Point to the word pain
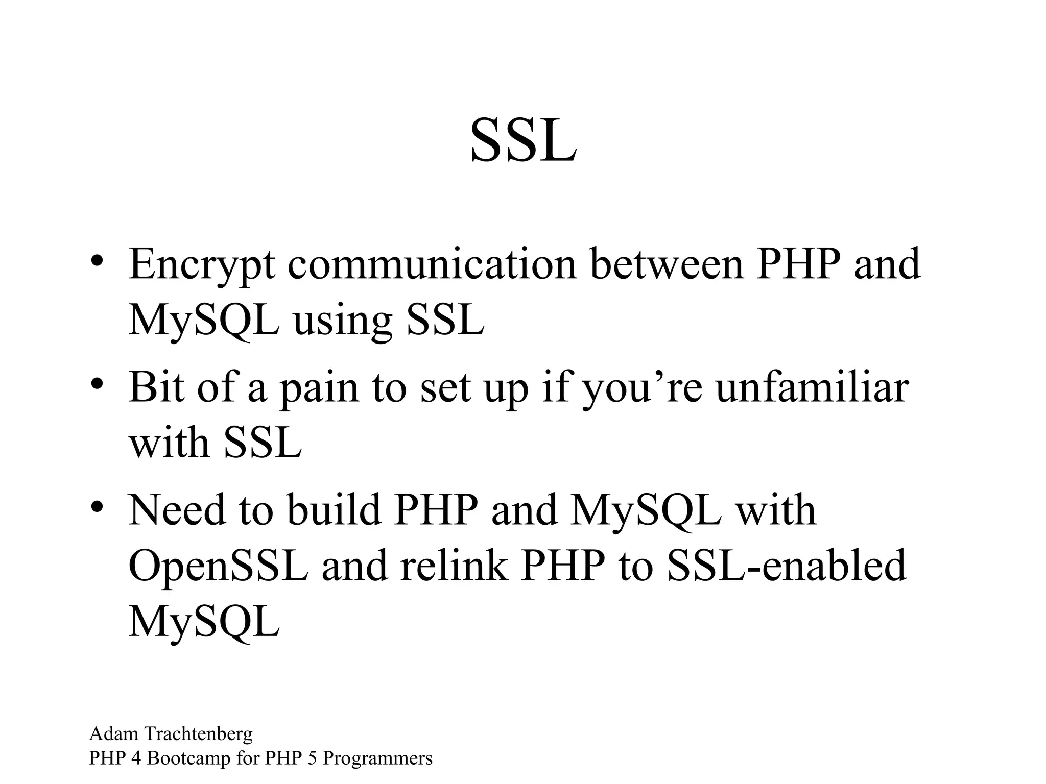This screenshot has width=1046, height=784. pos(319,388)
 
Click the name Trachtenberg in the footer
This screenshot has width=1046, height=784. pos(199,734)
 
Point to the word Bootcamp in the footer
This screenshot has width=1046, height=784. pos(188,758)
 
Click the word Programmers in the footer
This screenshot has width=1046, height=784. pos(377,759)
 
